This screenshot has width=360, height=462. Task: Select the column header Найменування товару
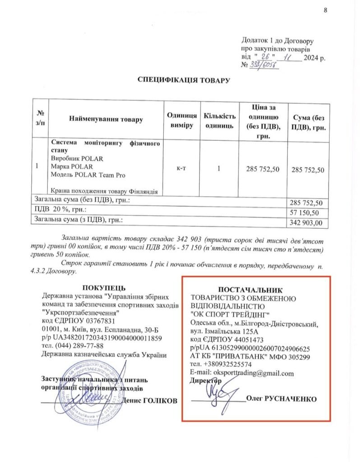coord(106,120)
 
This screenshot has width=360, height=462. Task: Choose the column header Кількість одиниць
coord(219,120)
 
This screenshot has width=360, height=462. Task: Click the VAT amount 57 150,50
coord(307,212)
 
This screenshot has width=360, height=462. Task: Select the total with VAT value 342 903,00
coord(307,222)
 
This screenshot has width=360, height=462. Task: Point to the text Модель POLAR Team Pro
coord(88,175)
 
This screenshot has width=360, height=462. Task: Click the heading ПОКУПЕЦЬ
coord(104,288)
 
